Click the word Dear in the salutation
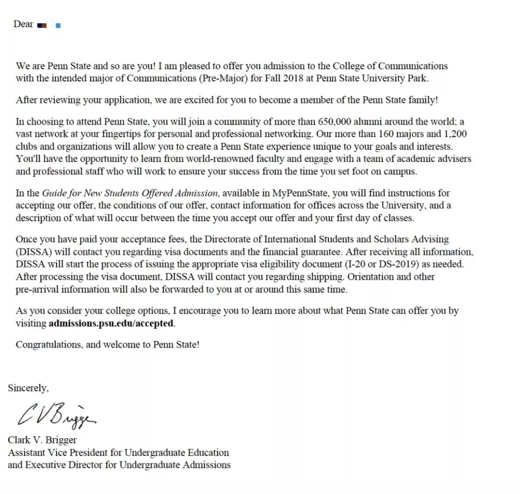(x=23, y=24)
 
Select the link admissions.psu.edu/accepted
(x=111, y=324)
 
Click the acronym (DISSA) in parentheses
(x=32, y=252)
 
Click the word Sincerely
(x=28, y=388)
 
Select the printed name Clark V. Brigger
(x=42, y=440)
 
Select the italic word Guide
(x=54, y=193)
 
